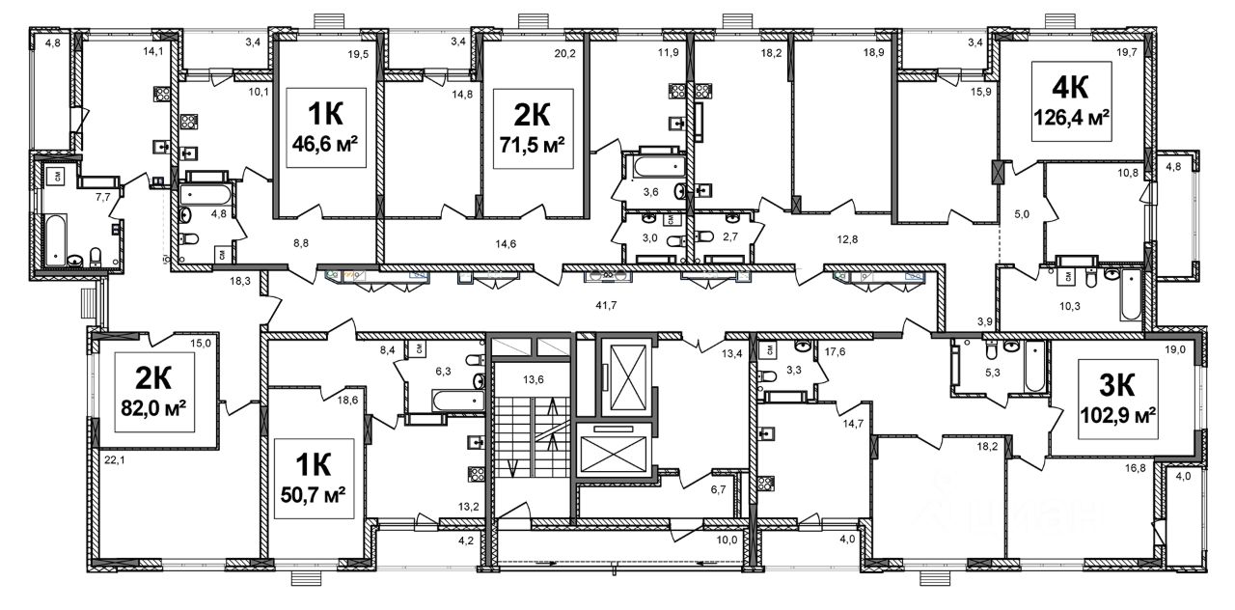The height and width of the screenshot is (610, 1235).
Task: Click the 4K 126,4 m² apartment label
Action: [x=1071, y=101]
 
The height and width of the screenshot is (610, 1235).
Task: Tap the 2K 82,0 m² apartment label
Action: [x=153, y=392]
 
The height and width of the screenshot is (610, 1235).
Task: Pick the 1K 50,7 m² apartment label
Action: [x=314, y=478]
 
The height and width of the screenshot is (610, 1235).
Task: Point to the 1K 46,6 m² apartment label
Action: [x=326, y=127]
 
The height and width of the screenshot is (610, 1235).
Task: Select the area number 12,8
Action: [x=847, y=239]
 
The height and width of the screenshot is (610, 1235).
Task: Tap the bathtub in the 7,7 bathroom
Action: [x=55, y=238]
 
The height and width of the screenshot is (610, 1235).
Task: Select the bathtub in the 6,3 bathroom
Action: [x=458, y=401]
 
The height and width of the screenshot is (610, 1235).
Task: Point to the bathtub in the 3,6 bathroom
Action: [x=659, y=166]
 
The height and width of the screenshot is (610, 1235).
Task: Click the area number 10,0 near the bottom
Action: [x=727, y=540]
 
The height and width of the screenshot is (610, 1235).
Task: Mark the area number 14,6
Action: [x=506, y=244]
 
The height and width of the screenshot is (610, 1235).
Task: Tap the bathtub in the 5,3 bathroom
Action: [x=1034, y=367]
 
